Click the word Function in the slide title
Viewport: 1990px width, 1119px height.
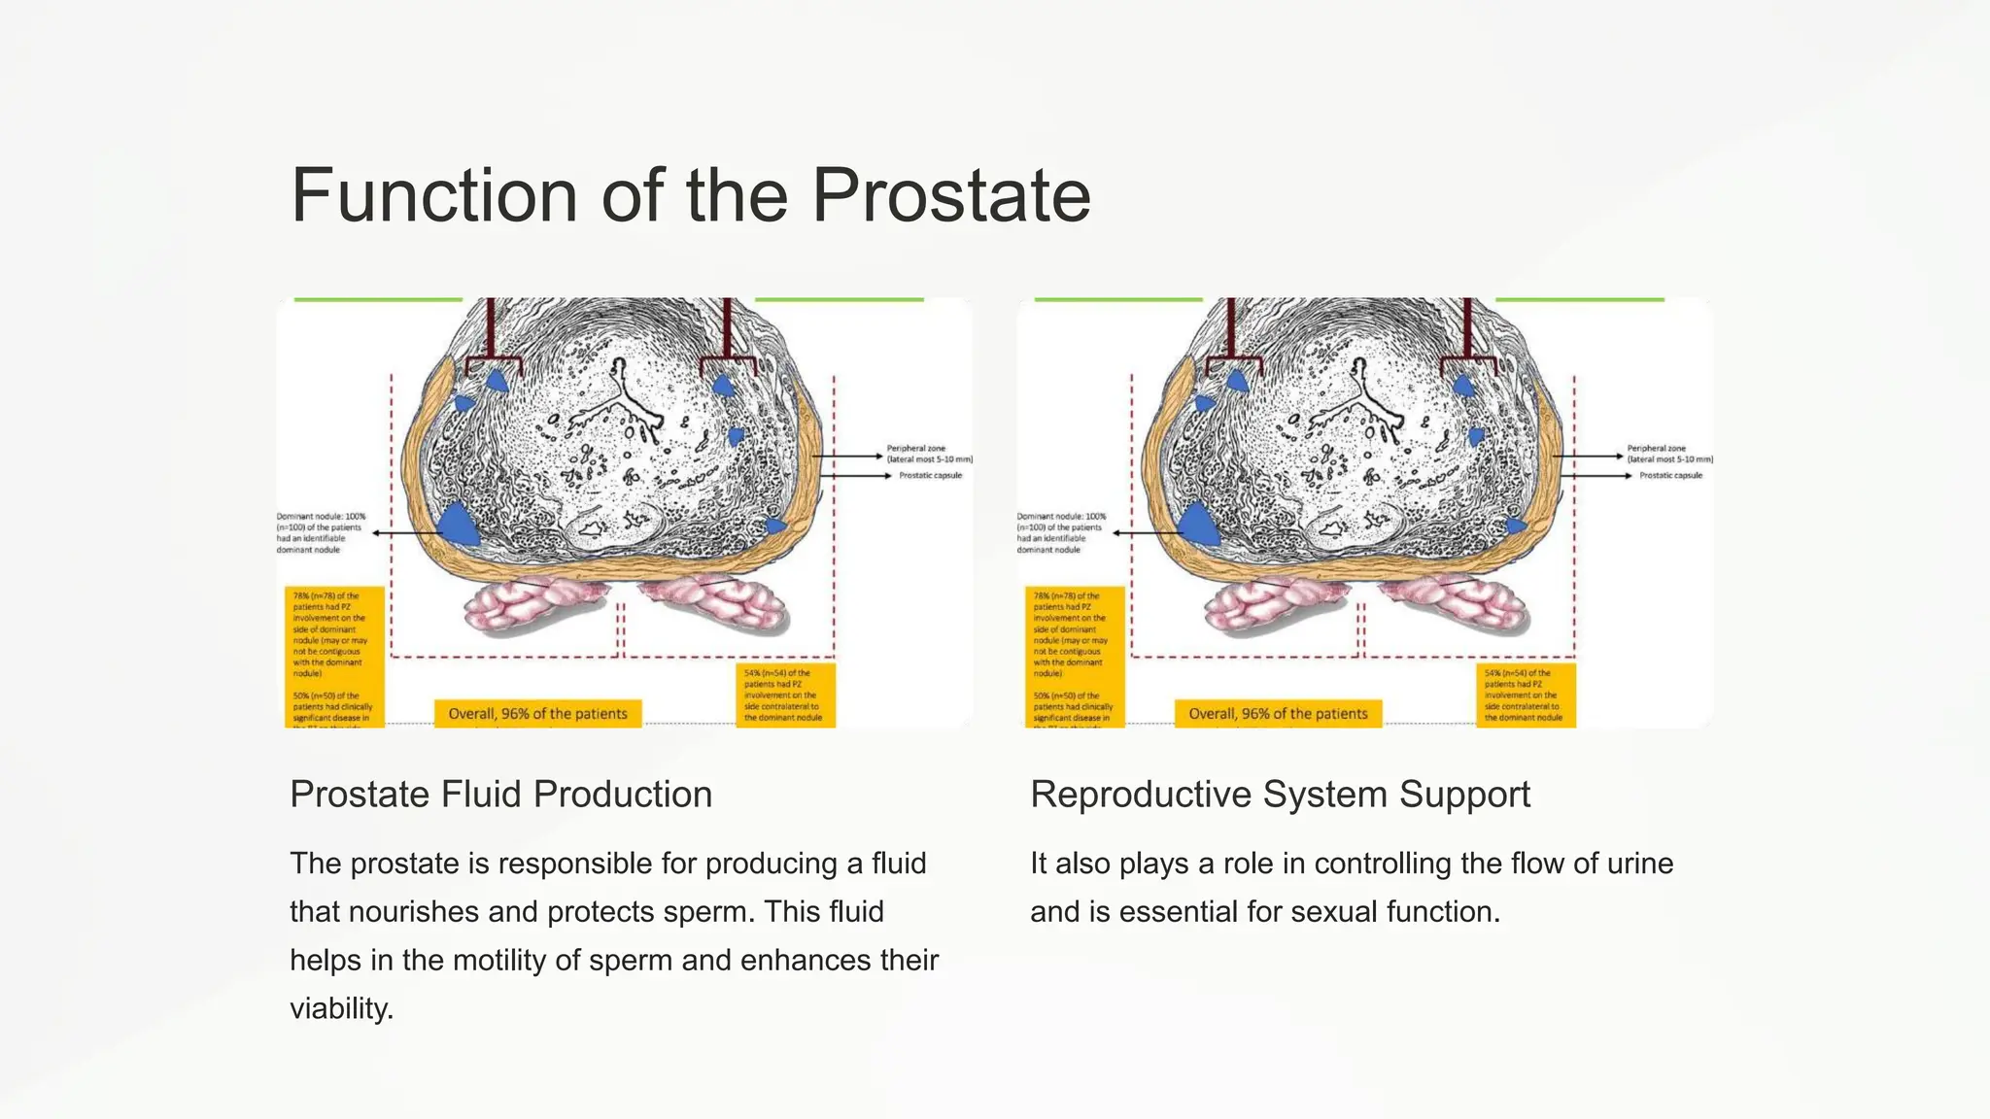434,195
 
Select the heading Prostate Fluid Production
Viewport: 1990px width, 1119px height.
500,795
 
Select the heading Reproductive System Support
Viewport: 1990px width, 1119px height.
1280,795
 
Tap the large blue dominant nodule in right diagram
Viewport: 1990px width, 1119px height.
1198,526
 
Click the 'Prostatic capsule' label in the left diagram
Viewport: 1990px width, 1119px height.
930,475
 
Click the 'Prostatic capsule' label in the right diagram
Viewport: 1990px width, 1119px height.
1670,475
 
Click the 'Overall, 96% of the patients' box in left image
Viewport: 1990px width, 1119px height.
537,714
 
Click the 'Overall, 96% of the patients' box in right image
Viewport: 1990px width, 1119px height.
1278,714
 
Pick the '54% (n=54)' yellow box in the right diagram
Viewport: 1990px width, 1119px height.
1525,695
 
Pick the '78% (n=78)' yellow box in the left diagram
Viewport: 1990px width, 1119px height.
333,631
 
